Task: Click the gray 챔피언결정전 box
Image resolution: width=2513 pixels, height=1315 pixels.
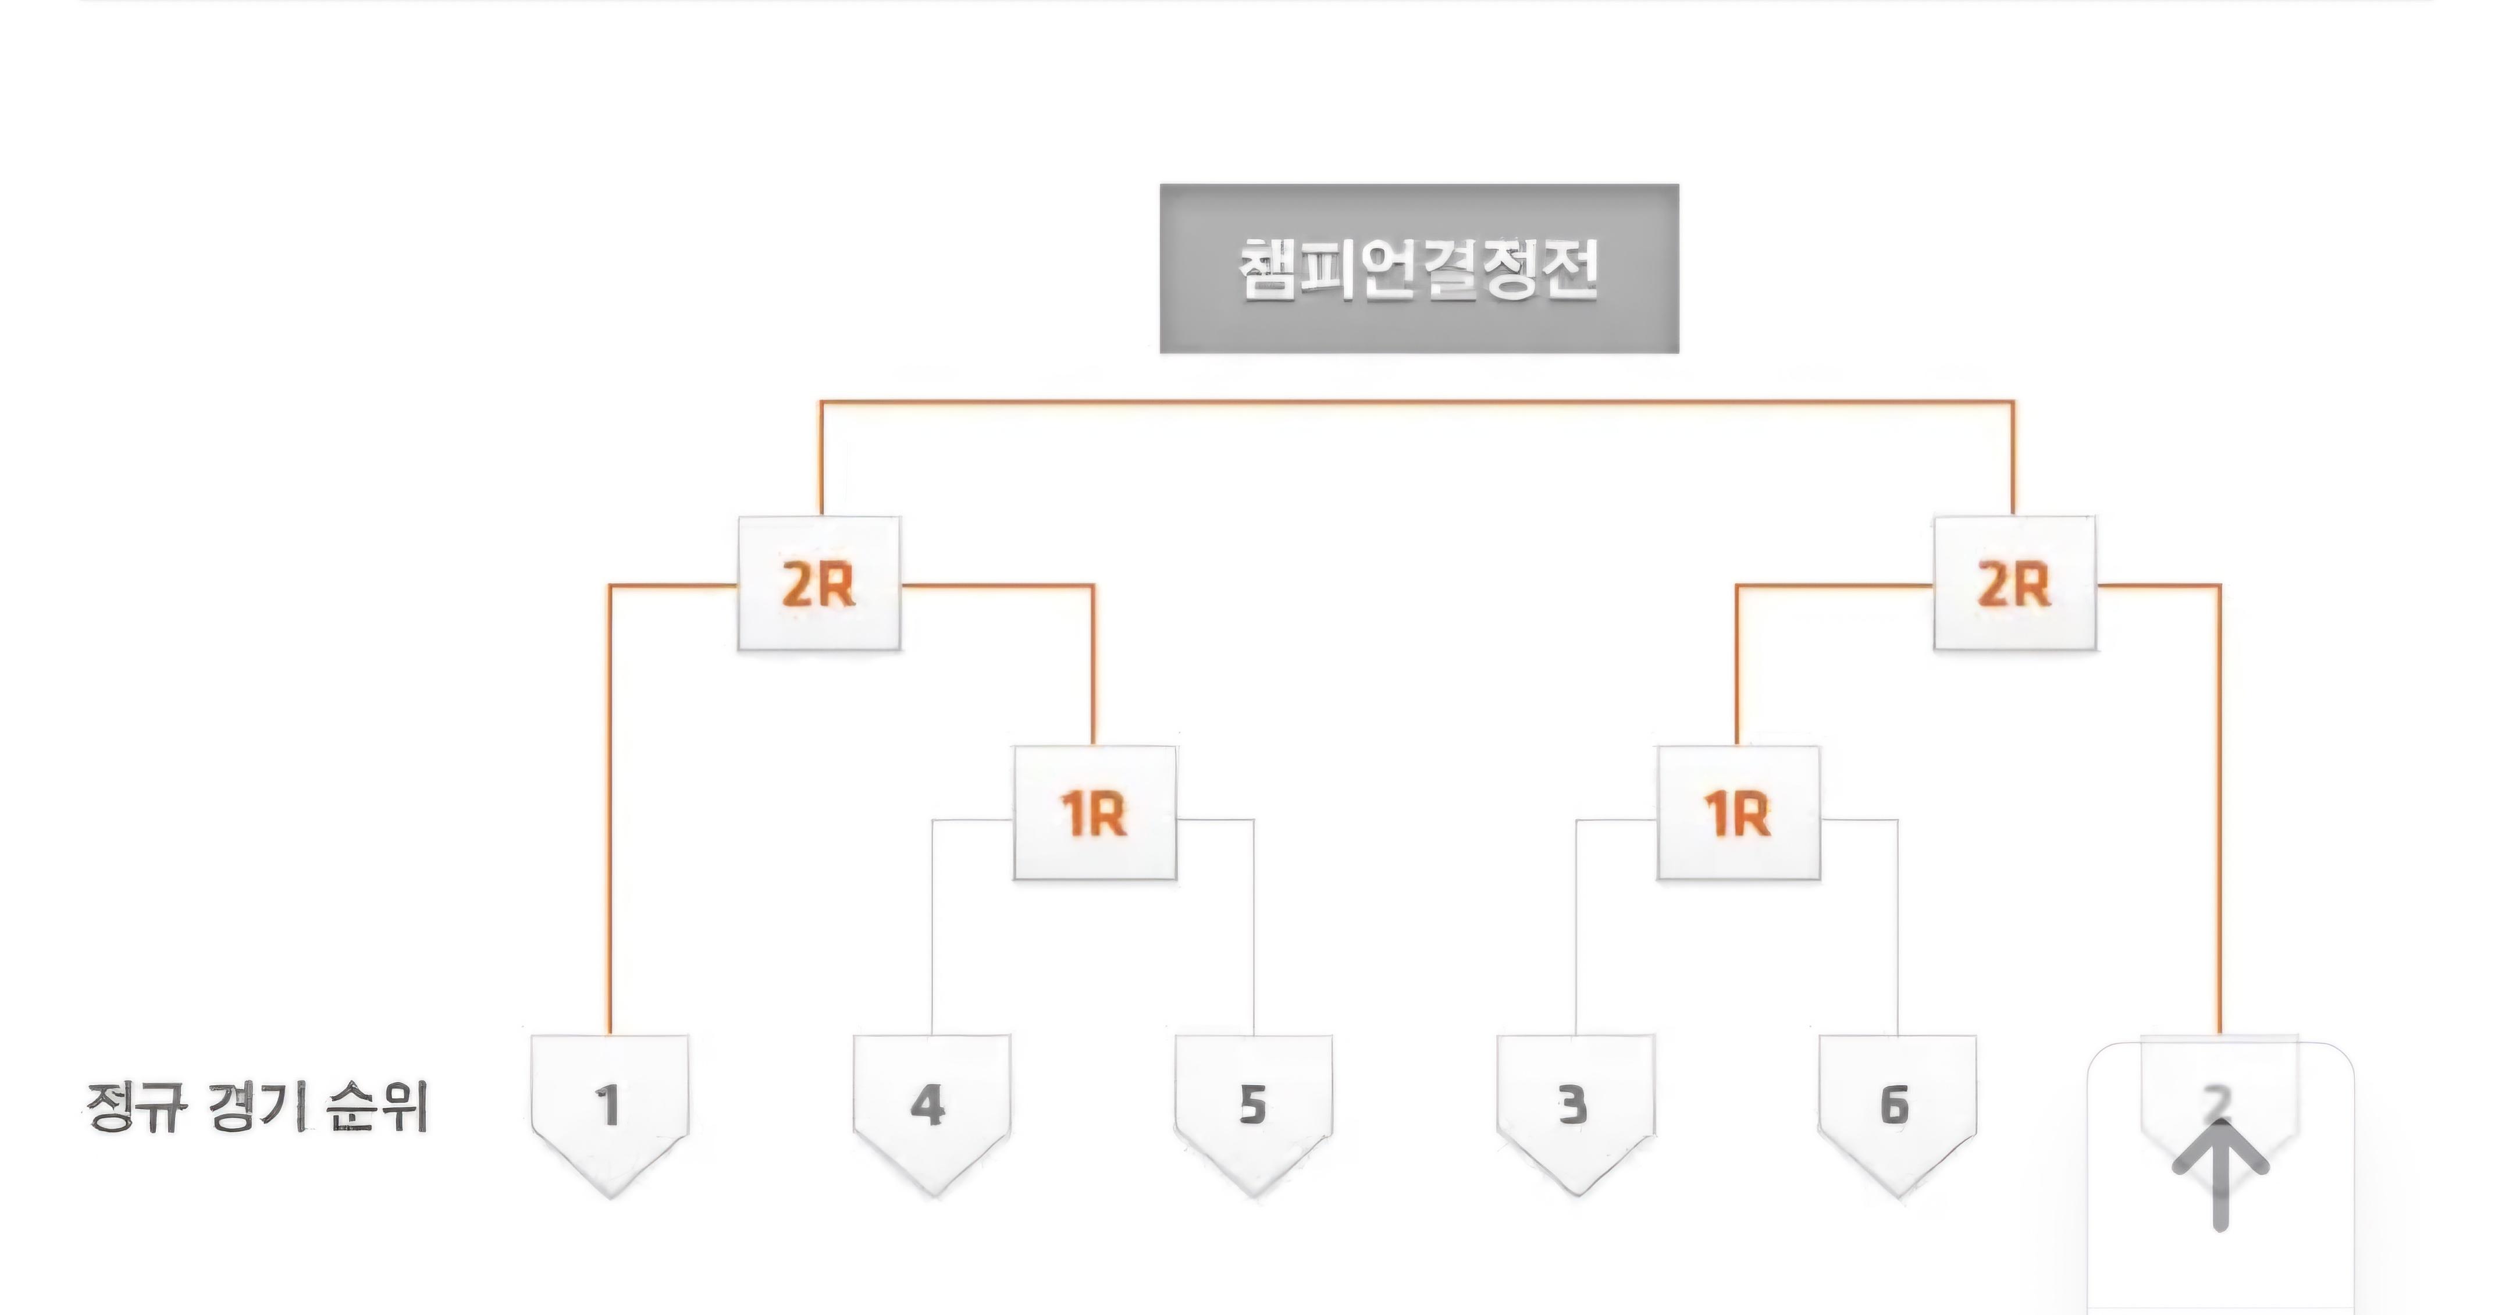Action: tap(1418, 268)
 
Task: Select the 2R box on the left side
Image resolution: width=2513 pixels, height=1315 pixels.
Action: tap(818, 584)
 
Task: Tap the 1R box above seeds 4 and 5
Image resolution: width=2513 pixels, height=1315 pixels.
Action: tap(1095, 813)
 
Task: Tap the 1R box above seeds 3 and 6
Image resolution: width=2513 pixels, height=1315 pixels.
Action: tap(1738, 813)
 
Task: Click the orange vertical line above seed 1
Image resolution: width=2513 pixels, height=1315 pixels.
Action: tap(610, 810)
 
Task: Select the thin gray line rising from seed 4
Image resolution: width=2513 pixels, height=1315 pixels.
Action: tap(932, 927)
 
